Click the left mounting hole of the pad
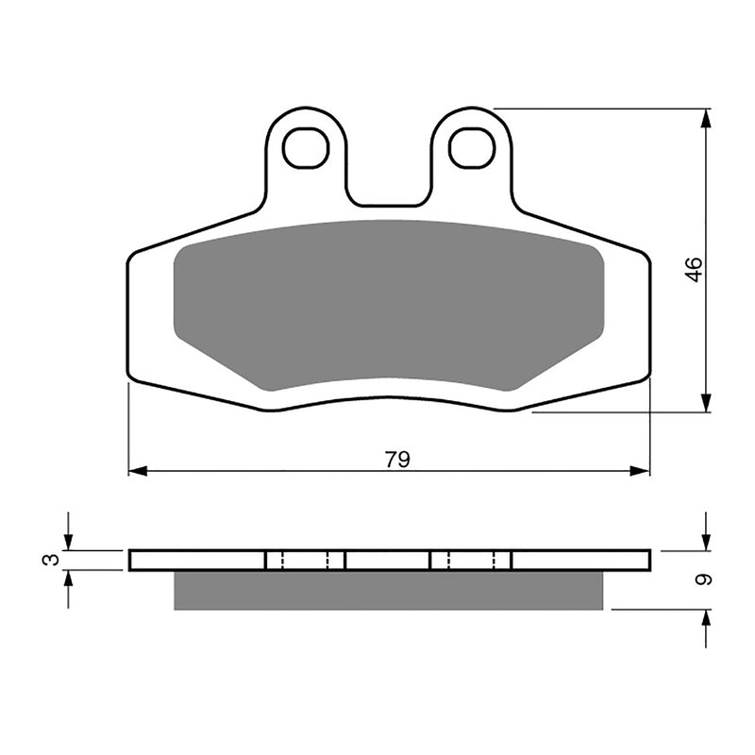(x=306, y=148)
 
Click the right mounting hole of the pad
(x=472, y=148)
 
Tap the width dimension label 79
(x=397, y=460)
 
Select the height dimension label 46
(x=695, y=270)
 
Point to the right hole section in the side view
(x=471, y=561)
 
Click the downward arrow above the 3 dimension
(x=67, y=541)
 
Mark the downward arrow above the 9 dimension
(x=706, y=542)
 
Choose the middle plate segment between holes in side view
(x=388, y=561)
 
